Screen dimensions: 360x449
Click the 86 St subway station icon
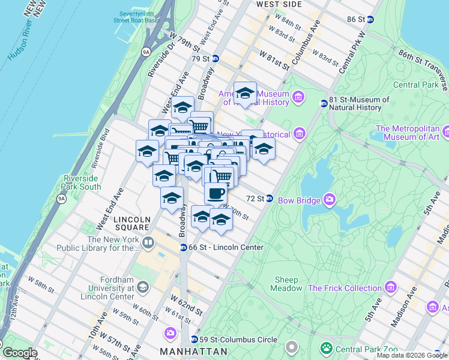point(370,19)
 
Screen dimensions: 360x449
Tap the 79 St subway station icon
point(215,59)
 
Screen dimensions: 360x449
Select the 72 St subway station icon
point(270,198)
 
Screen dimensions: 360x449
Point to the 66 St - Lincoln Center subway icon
point(184,247)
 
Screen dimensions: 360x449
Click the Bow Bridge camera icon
point(329,199)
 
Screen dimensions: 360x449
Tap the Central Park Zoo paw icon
point(327,348)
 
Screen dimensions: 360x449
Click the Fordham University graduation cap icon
point(143,287)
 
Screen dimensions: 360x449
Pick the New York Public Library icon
point(148,243)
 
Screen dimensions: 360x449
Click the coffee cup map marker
point(215,193)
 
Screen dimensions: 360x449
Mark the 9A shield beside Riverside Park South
point(61,199)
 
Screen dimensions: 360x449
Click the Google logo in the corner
point(20,353)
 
